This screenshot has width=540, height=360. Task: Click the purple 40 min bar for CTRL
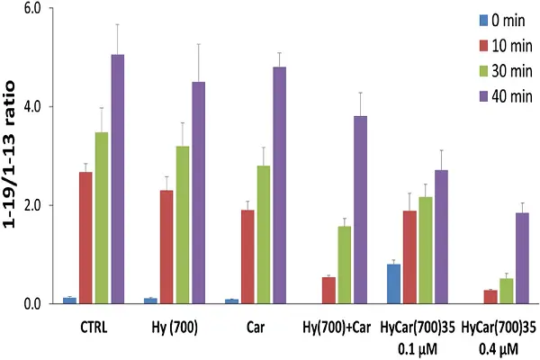[117, 179]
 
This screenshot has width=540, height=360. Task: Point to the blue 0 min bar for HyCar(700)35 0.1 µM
[393, 283]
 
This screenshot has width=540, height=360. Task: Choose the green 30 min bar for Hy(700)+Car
[346, 265]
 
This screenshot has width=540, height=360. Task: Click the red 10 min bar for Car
[247, 256]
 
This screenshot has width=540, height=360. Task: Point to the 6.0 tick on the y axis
[43, 9]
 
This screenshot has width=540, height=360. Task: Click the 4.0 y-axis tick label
[43, 107]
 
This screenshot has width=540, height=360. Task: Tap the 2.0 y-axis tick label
[43, 205]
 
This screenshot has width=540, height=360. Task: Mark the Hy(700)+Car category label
[337, 326]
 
